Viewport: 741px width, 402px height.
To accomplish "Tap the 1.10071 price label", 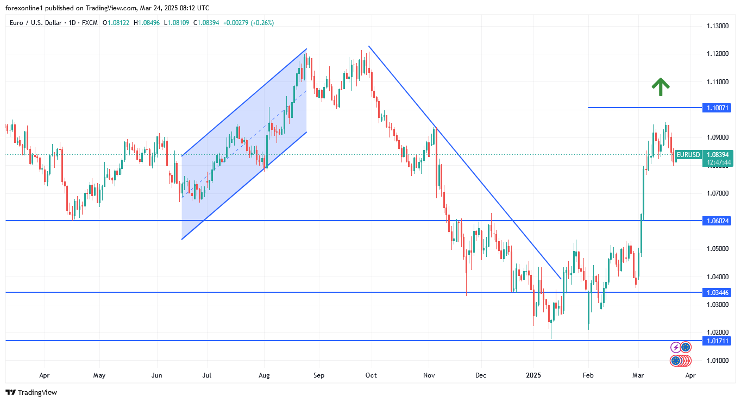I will pyautogui.click(x=717, y=108).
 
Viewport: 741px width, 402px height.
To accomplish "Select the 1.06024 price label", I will pyautogui.click(x=717, y=221).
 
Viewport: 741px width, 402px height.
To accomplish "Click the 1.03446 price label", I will pyautogui.click(x=717, y=292).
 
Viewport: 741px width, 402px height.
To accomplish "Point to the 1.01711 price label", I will pyautogui.click(x=717, y=341).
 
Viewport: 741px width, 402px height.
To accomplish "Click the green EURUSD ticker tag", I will pyautogui.click(x=688, y=155).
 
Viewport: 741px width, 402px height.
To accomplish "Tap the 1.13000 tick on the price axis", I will pyautogui.click(x=717, y=26).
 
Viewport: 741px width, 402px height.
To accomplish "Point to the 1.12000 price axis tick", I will pyautogui.click(x=717, y=54).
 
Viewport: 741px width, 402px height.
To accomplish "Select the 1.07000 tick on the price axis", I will pyautogui.click(x=717, y=193).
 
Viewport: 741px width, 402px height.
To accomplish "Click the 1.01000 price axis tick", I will pyautogui.click(x=717, y=360).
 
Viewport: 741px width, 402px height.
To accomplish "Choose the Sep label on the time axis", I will pyautogui.click(x=319, y=375).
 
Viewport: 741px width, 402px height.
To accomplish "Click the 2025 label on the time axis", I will pyautogui.click(x=533, y=375).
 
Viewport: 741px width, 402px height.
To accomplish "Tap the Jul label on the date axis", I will pyautogui.click(x=206, y=375).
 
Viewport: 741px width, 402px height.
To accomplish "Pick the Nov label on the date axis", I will pyautogui.click(x=429, y=375).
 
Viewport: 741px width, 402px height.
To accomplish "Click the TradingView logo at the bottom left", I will pyautogui.click(x=31, y=392).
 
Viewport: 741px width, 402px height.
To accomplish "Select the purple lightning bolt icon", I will pyautogui.click(x=675, y=347).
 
